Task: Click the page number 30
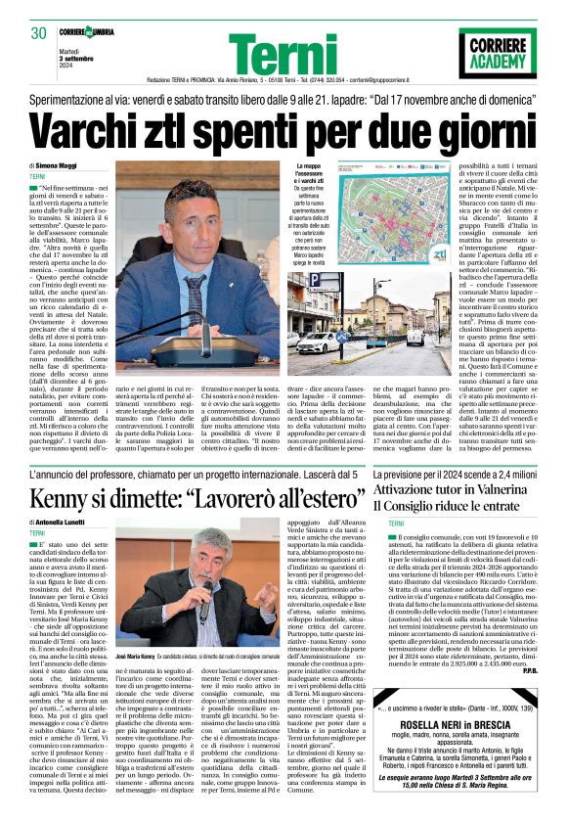click(x=39, y=33)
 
